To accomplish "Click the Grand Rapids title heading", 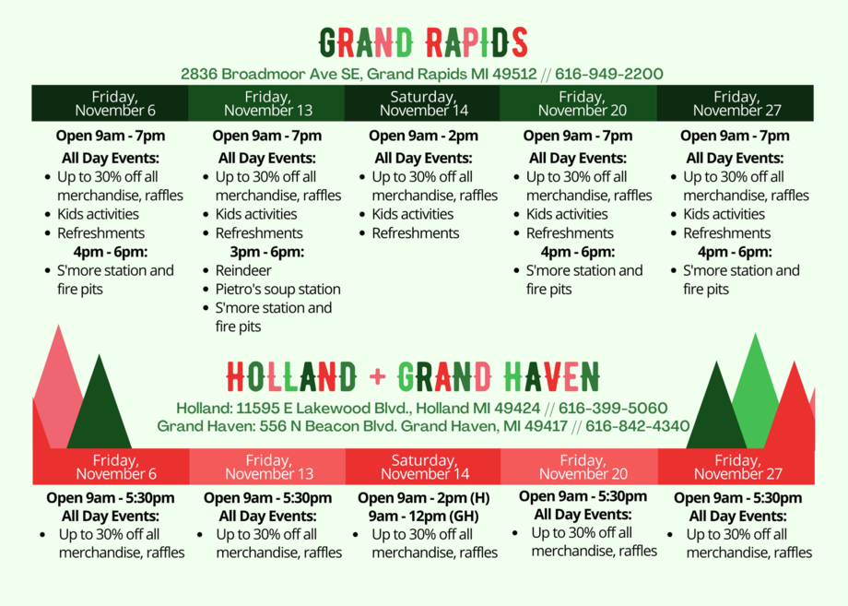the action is click(423, 42).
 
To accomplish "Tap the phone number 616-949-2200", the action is click(609, 74).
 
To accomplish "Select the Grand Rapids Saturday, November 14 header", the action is click(422, 102).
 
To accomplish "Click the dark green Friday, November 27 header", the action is click(736, 102).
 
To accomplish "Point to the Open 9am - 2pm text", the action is click(423, 136).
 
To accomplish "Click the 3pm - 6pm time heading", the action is click(266, 252).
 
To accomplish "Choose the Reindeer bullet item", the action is click(243, 270).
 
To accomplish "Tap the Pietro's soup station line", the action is click(278, 289).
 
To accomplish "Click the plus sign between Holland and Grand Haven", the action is click(378, 376).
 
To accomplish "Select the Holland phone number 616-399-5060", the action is click(613, 408).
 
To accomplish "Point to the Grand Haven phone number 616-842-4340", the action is click(637, 426).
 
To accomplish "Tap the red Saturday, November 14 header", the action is click(423, 467).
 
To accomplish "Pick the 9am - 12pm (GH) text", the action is click(423, 517).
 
